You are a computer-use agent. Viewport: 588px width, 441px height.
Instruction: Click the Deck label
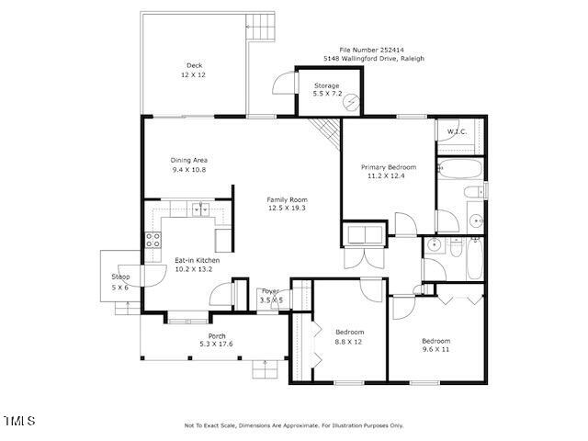click(194, 64)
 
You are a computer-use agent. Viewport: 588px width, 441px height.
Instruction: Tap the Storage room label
click(327, 85)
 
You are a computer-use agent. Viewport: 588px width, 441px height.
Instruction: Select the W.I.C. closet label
click(457, 131)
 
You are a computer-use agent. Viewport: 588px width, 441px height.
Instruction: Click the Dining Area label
click(189, 161)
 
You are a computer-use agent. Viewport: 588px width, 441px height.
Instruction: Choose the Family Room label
click(287, 199)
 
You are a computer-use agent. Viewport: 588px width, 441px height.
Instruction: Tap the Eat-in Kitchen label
click(197, 260)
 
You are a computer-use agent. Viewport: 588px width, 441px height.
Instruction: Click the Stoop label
click(121, 277)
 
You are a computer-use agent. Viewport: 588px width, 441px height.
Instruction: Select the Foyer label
click(271, 291)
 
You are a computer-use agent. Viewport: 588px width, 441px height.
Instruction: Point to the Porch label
click(217, 336)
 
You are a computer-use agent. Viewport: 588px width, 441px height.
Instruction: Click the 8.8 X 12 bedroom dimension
click(349, 341)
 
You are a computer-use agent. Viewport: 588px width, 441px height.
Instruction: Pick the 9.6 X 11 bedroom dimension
click(436, 350)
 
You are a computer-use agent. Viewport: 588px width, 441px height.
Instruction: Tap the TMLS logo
click(19, 421)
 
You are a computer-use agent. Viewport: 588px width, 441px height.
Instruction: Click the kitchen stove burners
click(153, 242)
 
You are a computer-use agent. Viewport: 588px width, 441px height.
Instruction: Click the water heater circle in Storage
click(349, 105)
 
